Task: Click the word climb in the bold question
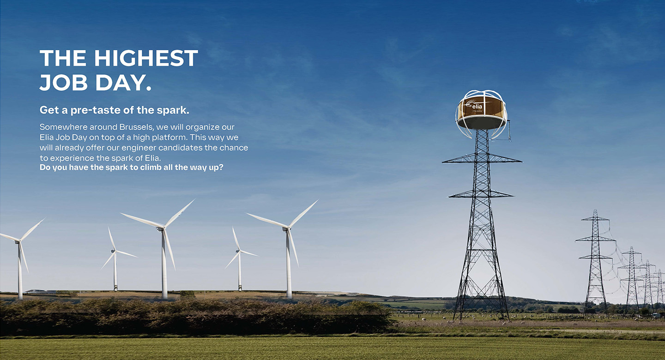(151, 168)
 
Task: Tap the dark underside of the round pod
(481, 123)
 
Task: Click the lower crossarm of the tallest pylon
(481, 194)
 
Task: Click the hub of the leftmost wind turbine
(18, 241)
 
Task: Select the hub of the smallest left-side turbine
(114, 252)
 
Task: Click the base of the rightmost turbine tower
(289, 296)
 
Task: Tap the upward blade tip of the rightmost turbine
(318, 200)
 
